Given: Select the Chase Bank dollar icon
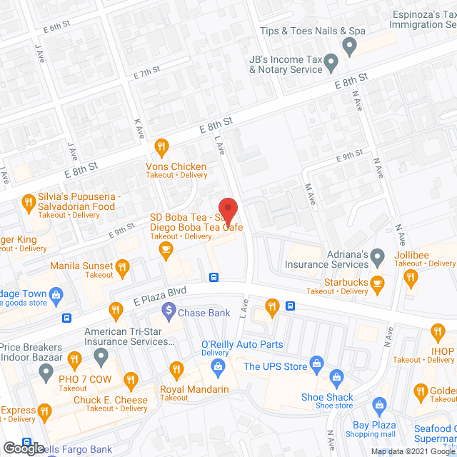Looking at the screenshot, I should point(169,310).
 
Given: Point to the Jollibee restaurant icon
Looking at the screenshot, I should point(410,278).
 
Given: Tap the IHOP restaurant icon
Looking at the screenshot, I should point(438,332).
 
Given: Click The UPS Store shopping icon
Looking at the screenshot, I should point(317,367).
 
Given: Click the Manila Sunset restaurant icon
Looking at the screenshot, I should point(122,267).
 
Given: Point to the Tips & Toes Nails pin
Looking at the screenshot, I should point(349,47).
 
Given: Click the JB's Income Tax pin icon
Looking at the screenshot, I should point(331,65).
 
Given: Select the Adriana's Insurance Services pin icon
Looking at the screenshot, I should point(379,256).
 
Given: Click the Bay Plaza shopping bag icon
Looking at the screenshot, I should point(380,406).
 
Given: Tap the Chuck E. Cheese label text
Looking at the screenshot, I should point(111,400).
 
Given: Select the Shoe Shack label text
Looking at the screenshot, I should point(327,397).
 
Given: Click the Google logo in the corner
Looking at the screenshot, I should point(23,448).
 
